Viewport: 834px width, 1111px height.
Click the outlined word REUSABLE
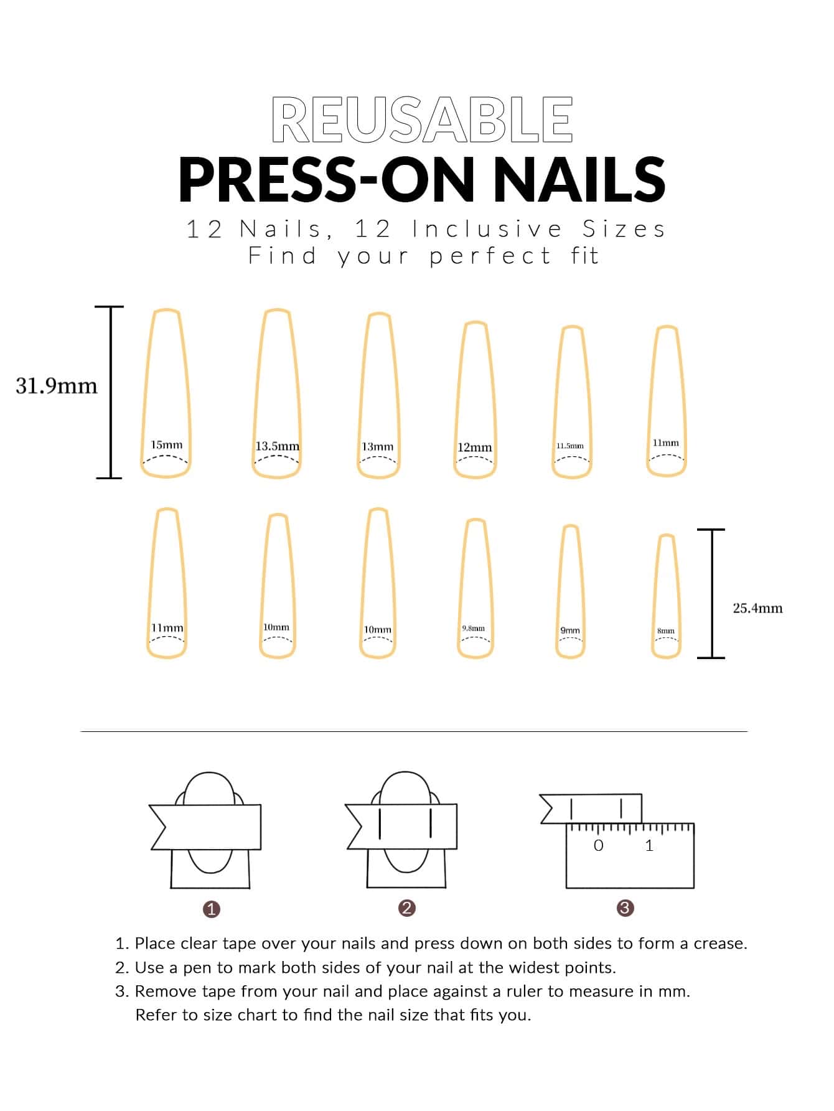(x=422, y=120)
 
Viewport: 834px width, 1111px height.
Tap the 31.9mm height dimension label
(x=57, y=386)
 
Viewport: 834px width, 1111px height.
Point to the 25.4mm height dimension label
(x=757, y=608)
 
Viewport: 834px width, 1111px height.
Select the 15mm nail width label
(x=167, y=444)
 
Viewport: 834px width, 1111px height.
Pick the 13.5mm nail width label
(x=277, y=446)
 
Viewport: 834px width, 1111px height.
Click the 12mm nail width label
(x=474, y=448)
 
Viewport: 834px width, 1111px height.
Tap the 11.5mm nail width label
(x=570, y=446)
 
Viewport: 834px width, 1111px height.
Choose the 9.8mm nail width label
(x=473, y=629)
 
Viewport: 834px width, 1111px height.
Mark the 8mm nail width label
(x=666, y=631)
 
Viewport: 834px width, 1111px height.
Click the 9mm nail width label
(x=570, y=630)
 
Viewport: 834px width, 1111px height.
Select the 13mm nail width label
(x=378, y=447)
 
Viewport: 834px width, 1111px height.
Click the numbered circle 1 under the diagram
(x=212, y=909)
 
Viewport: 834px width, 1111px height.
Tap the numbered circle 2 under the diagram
(x=406, y=908)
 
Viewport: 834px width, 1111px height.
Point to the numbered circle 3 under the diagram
(x=625, y=908)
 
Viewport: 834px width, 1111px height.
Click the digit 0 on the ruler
(x=599, y=845)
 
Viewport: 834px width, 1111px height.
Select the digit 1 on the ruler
(x=649, y=845)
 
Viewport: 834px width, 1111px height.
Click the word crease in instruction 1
(x=720, y=944)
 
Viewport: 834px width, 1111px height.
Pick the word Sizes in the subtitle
(x=624, y=229)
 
